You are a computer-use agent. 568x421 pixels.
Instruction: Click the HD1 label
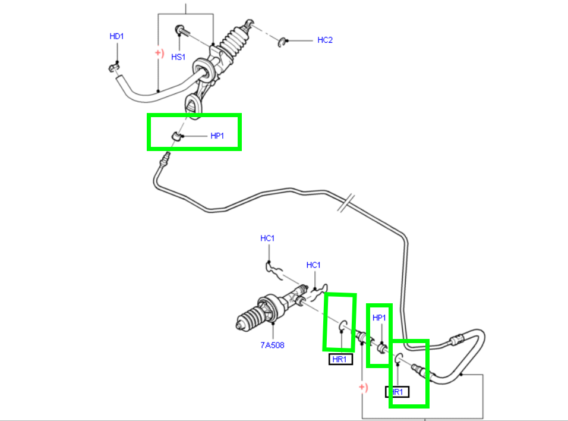click(117, 36)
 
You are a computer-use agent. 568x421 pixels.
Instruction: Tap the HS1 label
click(178, 57)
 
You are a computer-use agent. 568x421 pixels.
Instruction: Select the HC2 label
click(325, 40)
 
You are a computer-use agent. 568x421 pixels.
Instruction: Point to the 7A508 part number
click(272, 345)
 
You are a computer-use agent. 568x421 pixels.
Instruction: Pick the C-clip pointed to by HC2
click(283, 41)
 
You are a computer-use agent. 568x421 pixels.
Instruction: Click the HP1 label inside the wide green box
click(217, 136)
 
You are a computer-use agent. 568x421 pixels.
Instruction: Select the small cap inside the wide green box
click(176, 137)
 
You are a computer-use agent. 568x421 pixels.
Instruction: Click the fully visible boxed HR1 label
click(340, 359)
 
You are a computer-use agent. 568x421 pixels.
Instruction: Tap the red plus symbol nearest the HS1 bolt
click(159, 53)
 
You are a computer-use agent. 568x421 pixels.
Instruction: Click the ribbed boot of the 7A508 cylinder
click(247, 320)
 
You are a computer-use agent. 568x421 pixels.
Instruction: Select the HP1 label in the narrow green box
click(379, 318)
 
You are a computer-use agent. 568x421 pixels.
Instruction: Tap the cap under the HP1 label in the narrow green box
click(383, 346)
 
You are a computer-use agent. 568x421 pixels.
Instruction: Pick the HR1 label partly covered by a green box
click(398, 392)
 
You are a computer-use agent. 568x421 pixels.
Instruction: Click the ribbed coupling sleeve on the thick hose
click(456, 341)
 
